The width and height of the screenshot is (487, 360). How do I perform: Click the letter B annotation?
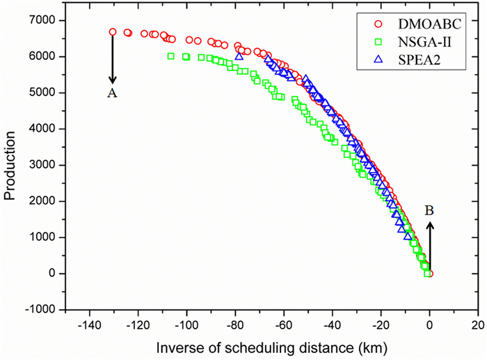430,210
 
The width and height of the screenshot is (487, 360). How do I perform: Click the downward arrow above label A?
113,58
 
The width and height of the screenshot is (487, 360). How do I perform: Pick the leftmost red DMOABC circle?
113,32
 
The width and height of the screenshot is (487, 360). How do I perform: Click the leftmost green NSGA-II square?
171,56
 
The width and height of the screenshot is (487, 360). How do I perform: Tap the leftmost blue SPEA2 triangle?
239,56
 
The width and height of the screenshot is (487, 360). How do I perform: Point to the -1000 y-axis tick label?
44,309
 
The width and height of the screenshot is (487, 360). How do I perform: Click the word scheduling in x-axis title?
280,346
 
